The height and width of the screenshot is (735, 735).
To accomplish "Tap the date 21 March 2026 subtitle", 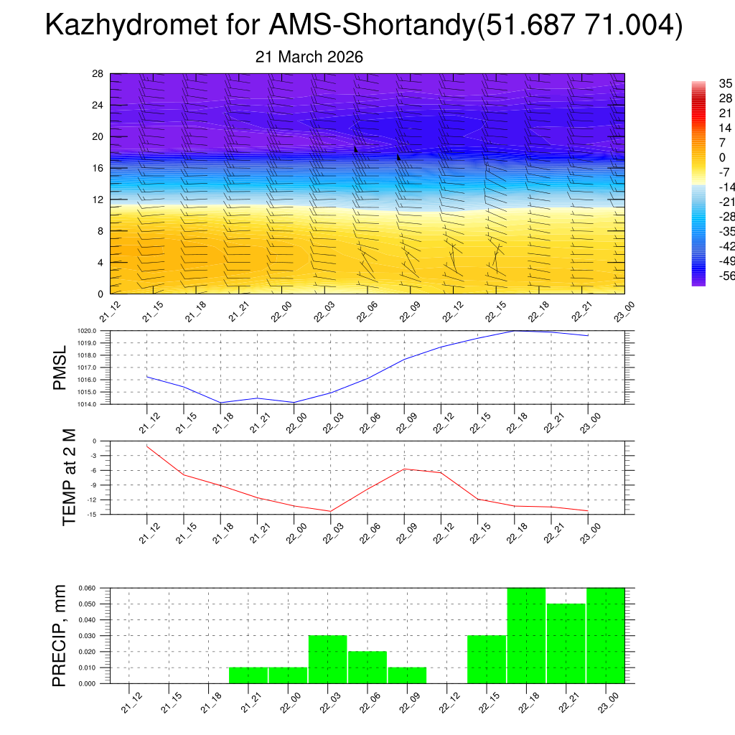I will pos(309,57).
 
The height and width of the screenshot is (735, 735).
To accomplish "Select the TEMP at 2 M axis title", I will pos(69,477).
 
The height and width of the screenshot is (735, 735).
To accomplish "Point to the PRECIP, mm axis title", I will pos(61,635).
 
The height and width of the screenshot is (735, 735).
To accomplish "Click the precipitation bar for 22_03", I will pos(328,660).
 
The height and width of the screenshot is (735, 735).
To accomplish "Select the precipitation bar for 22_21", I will pos(566,644).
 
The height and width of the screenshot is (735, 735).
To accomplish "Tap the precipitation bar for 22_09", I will pos(407,675).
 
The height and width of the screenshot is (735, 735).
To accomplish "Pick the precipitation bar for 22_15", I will pos(487,660).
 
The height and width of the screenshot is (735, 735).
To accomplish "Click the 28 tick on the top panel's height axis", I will pos(98,74).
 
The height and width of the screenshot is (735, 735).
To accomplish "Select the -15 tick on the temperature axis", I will pos(92,514).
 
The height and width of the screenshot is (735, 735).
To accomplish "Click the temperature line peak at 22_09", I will pos(404,469).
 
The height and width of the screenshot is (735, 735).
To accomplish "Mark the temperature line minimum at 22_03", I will pos(330,511).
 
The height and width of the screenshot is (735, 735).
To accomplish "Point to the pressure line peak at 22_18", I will pos(515,331).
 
